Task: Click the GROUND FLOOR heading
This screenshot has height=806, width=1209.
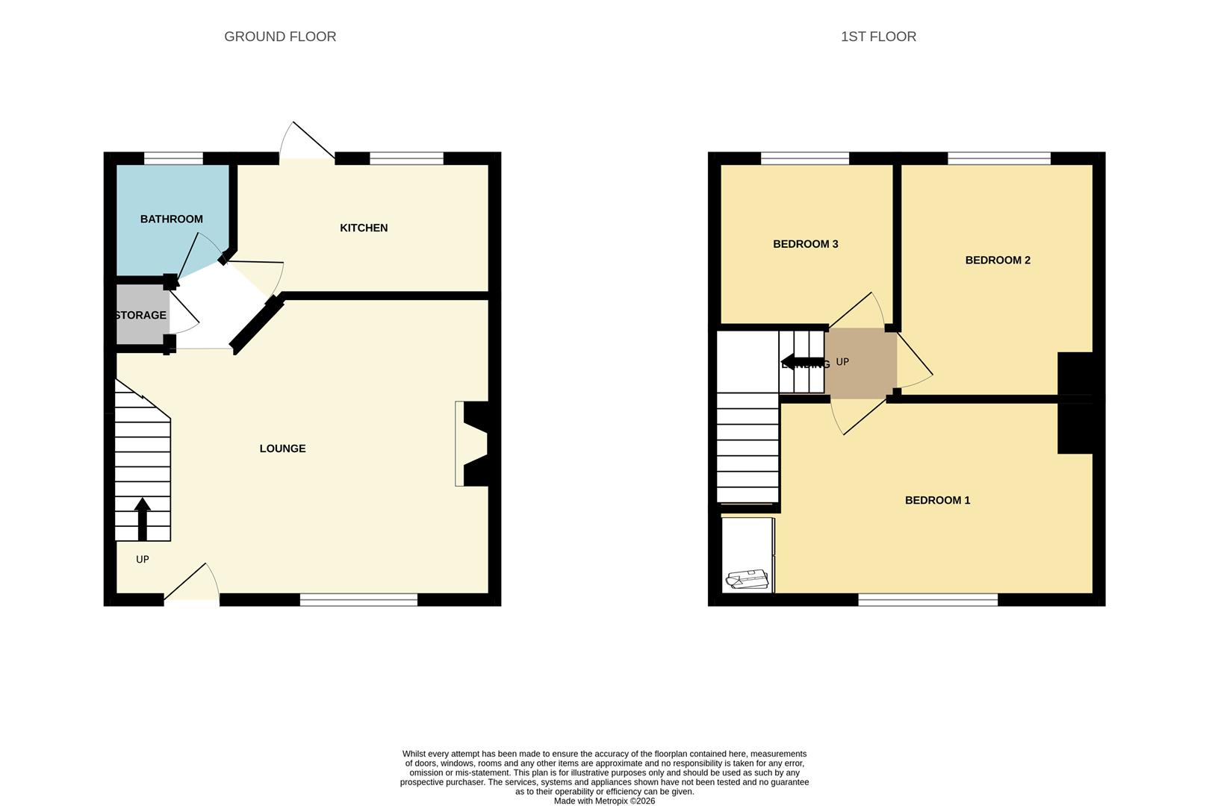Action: [x=280, y=37]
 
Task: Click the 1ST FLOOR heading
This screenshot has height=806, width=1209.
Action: [x=878, y=37]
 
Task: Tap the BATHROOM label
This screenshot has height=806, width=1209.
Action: [x=172, y=219]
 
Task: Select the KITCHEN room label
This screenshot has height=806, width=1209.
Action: [x=364, y=228]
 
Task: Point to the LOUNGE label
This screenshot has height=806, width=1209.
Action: [x=282, y=449]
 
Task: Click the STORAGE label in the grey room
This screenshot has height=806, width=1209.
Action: [x=141, y=315]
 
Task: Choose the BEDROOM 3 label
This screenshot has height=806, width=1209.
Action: [x=805, y=244]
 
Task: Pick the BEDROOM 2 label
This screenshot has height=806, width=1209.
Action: [x=998, y=260]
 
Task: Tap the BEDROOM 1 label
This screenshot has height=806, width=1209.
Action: [x=937, y=500]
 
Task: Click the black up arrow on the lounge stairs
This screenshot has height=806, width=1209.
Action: [x=142, y=518]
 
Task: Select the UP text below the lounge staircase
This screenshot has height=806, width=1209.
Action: [x=143, y=559]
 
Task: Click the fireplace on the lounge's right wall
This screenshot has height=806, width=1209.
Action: [x=473, y=444]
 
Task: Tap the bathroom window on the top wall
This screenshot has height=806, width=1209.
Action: [x=173, y=157]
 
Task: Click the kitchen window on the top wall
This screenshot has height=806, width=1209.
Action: [x=406, y=157]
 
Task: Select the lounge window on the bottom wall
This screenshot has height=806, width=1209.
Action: [x=358, y=599]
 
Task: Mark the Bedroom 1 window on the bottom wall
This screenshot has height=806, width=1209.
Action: [x=927, y=599]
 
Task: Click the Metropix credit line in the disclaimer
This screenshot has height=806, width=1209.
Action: [x=604, y=801]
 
